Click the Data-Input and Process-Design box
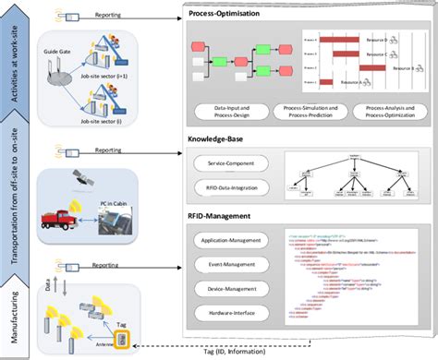230,114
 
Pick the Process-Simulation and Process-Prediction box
305,114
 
